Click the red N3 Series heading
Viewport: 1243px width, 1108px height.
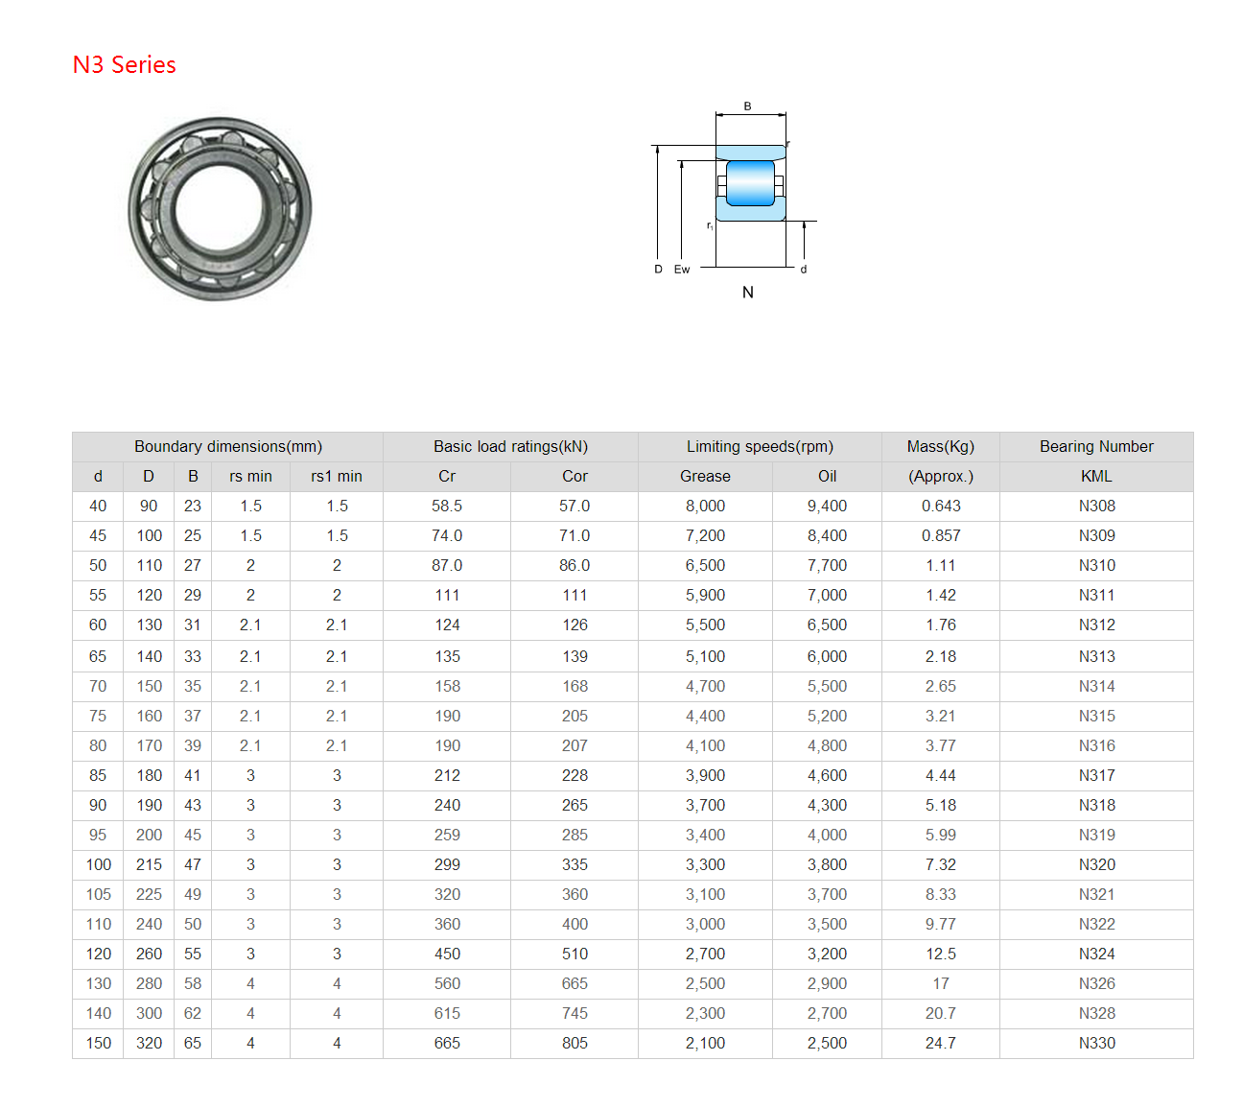[124, 64]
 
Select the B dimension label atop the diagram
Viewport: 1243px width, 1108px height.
[746, 106]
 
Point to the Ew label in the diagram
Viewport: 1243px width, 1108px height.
[682, 269]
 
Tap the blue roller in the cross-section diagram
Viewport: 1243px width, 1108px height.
[750, 183]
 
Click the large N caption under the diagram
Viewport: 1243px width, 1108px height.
[747, 293]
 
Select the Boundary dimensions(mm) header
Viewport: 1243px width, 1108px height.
[228, 446]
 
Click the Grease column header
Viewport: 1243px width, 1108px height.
[705, 477]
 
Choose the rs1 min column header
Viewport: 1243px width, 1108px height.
[337, 477]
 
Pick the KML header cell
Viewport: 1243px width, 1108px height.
[1095, 477]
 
